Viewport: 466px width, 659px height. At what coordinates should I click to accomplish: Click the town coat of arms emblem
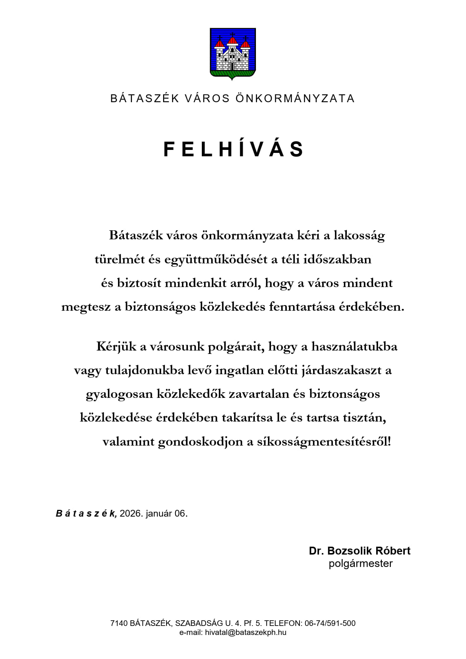pos(233,53)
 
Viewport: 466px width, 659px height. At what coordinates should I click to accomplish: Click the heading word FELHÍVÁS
pos(233,150)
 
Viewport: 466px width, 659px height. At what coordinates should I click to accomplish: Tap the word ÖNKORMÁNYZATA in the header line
pos(295,98)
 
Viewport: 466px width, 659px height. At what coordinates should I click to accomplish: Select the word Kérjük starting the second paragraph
pos(116,346)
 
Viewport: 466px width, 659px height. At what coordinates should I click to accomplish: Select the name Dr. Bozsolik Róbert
pos(360,551)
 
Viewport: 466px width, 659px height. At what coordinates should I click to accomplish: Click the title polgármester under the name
pos(360,564)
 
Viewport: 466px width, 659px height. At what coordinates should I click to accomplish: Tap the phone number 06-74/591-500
pos(330,623)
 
